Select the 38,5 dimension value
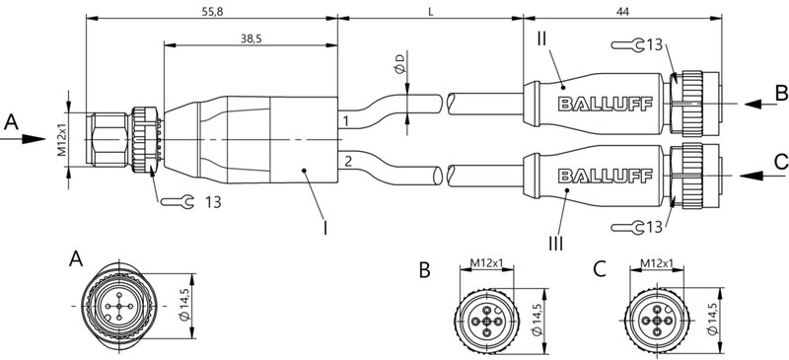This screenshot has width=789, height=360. coord(251,36)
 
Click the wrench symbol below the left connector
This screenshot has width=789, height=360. coord(178,202)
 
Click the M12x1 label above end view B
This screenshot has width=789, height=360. coord(487,262)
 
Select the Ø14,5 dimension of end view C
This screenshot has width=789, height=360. coord(712,318)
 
